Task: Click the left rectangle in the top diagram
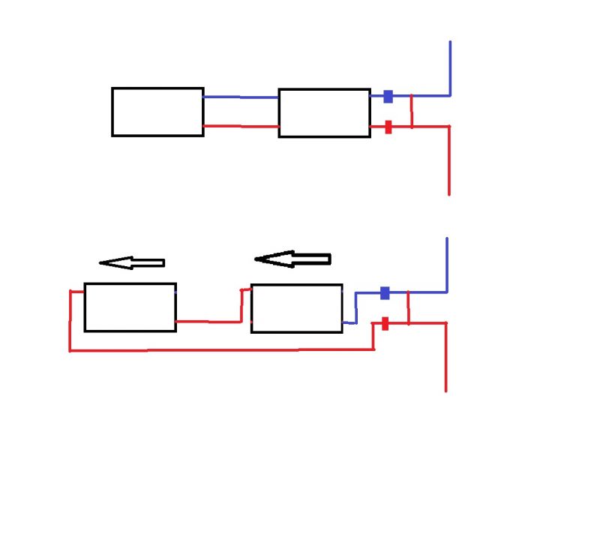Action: [x=157, y=112]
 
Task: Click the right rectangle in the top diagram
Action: [x=324, y=112]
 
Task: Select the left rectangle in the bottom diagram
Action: [x=130, y=307]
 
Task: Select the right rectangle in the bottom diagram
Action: [x=296, y=308]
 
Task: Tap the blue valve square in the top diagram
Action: [x=388, y=96]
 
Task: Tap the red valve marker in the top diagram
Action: [x=388, y=127]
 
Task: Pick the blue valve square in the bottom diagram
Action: [x=385, y=292]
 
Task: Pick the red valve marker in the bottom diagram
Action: [x=385, y=324]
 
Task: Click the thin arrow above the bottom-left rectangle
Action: [x=132, y=262]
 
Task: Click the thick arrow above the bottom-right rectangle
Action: [x=293, y=259]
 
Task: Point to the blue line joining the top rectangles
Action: [x=241, y=97]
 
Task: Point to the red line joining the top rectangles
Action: [x=241, y=126]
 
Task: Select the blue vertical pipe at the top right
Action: [x=450, y=67]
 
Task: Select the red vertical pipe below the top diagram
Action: [x=448, y=161]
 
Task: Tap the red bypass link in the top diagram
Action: [x=412, y=112]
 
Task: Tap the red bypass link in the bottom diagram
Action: [x=408, y=308]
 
